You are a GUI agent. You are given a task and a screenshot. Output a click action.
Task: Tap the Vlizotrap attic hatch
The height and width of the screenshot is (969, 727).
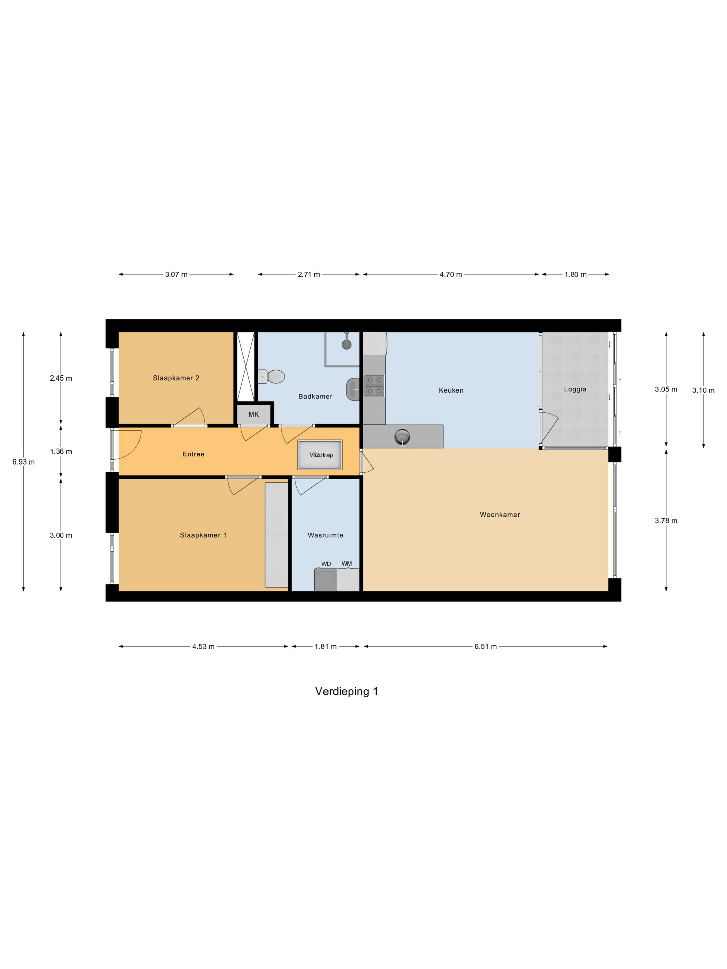(320, 455)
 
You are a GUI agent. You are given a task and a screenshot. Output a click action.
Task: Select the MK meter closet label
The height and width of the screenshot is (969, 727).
(254, 414)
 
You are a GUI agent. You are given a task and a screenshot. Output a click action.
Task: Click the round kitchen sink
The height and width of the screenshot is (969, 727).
(402, 436)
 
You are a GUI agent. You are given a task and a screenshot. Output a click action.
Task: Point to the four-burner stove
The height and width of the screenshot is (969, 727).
(375, 386)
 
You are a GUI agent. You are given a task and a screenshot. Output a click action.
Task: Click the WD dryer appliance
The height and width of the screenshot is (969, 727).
(326, 580)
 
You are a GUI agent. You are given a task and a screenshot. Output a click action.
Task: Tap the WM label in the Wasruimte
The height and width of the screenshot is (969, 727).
(347, 563)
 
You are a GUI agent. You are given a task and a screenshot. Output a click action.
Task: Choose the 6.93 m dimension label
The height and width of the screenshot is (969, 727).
(24, 462)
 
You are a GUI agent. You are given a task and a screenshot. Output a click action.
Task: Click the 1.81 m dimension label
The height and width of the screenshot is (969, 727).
(326, 646)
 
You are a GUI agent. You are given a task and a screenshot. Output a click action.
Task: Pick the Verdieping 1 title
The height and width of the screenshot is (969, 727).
(347, 691)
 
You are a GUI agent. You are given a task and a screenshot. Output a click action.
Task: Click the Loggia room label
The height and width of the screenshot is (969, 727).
(575, 389)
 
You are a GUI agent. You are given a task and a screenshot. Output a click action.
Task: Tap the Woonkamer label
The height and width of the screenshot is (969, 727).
(500, 515)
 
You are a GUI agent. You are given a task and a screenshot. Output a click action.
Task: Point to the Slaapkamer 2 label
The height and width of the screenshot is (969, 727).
(176, 378)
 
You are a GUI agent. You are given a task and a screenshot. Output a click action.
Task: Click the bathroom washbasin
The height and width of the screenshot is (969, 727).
(353, 389)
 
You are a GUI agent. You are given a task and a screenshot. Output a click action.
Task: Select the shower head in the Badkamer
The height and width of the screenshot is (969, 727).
(347, 344)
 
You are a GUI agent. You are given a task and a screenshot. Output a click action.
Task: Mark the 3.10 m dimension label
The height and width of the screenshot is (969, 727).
(703, 390)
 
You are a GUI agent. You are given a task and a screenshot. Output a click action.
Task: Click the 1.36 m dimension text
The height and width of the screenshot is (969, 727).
(61, 452)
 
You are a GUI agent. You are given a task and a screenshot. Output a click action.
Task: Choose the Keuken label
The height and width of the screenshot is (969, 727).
(451, 390)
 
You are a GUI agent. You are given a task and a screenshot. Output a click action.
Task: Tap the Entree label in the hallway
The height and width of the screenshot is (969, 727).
(194, 454)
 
